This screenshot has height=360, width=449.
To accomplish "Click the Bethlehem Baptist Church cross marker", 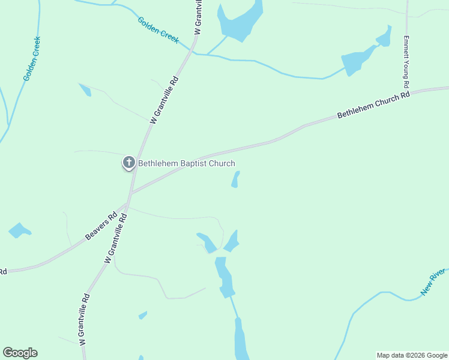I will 128,162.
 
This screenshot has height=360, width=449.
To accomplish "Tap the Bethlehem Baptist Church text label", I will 187,163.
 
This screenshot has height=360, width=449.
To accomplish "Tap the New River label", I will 434,283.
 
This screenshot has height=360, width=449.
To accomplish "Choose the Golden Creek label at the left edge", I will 32,59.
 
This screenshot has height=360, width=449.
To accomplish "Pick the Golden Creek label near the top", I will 158,29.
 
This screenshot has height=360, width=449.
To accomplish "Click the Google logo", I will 20,353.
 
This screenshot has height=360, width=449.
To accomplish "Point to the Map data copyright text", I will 412,355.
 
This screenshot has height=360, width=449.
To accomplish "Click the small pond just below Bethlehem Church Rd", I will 235,179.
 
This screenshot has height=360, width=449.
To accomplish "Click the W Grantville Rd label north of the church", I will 164,100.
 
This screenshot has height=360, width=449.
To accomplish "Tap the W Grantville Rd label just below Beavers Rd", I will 116,238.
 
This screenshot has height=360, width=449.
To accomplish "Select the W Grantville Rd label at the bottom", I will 84,319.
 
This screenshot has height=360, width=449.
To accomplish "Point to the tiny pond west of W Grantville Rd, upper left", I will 85,90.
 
